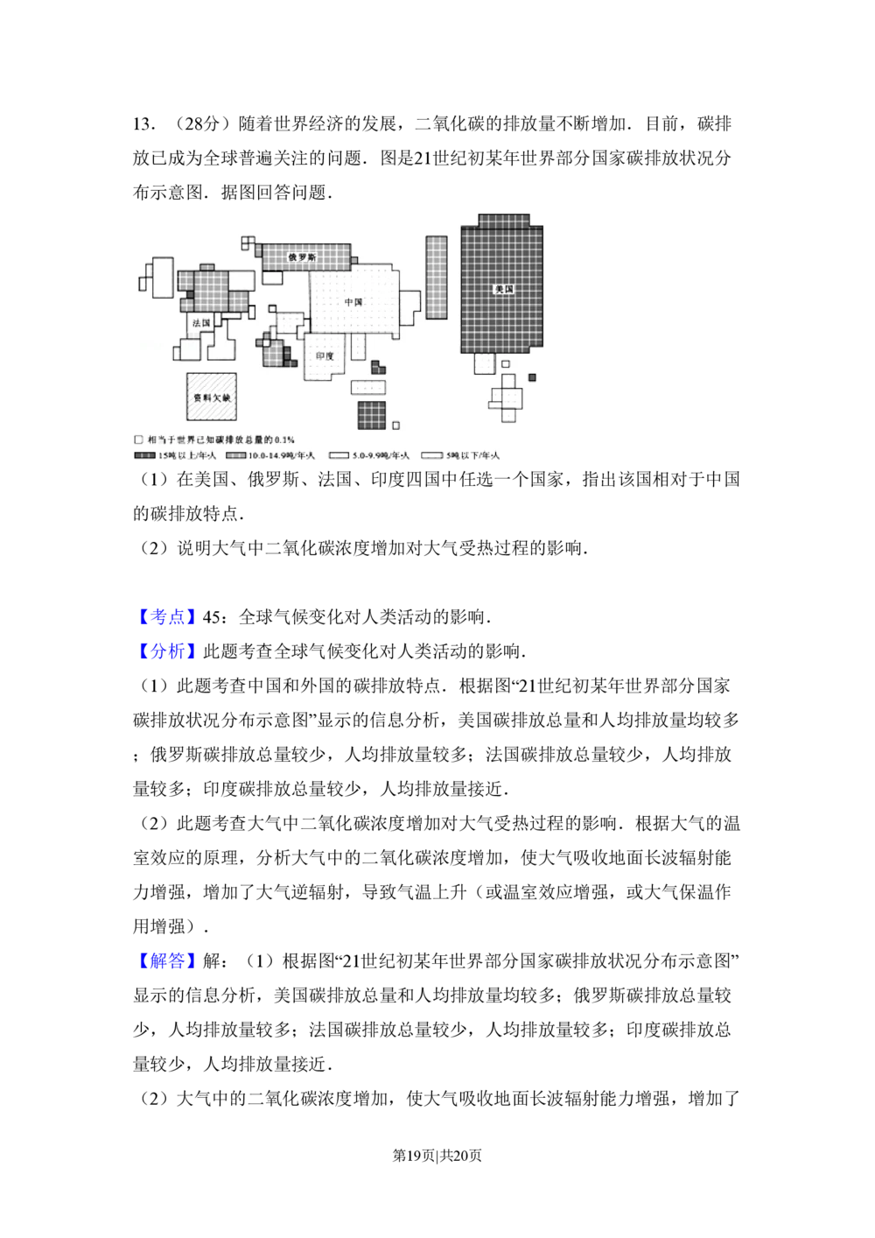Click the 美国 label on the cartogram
coord(503,289)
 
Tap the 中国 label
coord(353,302)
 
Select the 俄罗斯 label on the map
coord(302,257)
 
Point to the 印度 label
coord(325,356)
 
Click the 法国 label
coord(202,323)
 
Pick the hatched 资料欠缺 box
coord(211,398)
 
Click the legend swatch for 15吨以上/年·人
coord(144,456)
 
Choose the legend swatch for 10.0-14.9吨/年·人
coord(235,456)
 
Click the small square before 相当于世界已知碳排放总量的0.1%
coord(138,440)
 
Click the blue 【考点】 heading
coord(167,617)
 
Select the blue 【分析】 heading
coord(167,652)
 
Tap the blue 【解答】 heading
coord(167,962)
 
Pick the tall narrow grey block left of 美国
coord(436,277)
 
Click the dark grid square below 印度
coord(371,416)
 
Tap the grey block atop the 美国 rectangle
coord(504,220)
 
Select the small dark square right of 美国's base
coord(532,378)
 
